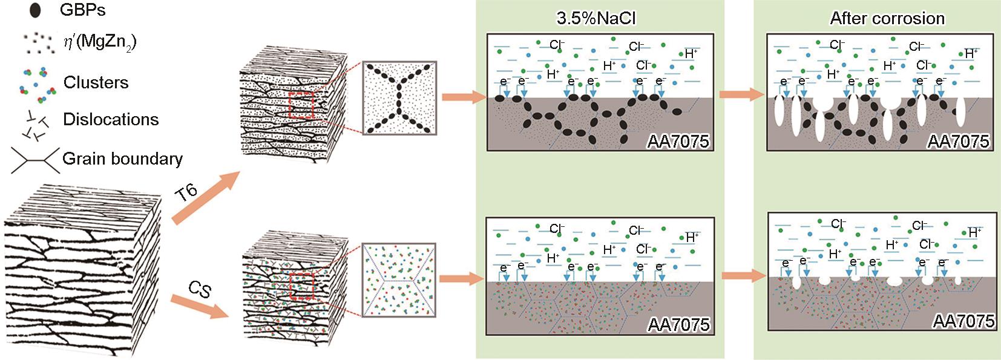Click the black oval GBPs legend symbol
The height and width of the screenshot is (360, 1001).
coord(35,11)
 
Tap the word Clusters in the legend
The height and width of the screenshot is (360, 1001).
coord(96,82)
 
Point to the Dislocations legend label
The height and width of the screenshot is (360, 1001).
coord(111,119)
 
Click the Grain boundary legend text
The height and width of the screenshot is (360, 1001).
coord(122,159)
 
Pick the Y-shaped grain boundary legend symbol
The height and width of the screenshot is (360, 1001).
coord(34,159)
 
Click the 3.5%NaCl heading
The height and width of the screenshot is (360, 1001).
coord(596,18)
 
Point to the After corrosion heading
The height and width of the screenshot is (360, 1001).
coord(887,18)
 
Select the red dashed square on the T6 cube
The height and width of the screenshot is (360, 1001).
coord(301,106)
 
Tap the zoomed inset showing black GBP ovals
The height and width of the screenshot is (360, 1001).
coord(399,97)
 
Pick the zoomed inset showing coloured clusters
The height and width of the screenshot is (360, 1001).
coord(399,279)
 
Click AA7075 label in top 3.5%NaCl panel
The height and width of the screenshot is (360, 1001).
coord(678,142)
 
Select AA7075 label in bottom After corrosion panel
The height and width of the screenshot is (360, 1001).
coord(963,321)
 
